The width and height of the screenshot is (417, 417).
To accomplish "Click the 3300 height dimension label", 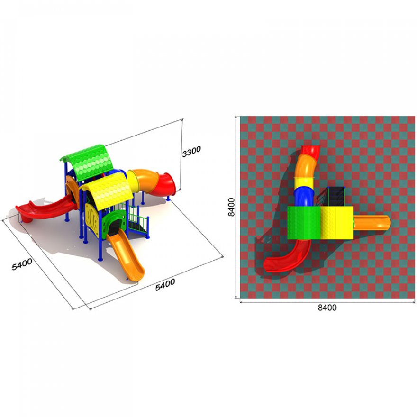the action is pos(191,151).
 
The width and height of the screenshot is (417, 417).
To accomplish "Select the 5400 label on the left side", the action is pos(22,264).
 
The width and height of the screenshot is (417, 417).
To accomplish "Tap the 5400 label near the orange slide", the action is pos(165,285).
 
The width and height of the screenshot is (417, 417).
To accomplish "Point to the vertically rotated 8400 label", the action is pos(232,207).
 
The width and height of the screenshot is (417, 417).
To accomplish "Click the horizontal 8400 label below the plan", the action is pos(327,308).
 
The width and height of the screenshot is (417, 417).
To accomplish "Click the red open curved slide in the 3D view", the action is pos(45,209).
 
